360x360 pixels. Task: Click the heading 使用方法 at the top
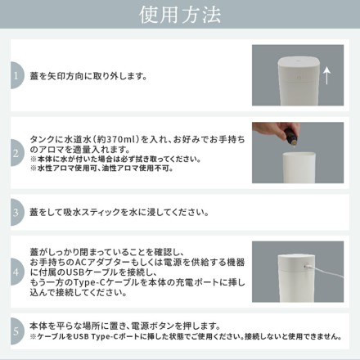click(180, 15)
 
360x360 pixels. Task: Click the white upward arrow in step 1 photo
click(326, 76)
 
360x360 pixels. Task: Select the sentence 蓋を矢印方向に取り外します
click(88, 76)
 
